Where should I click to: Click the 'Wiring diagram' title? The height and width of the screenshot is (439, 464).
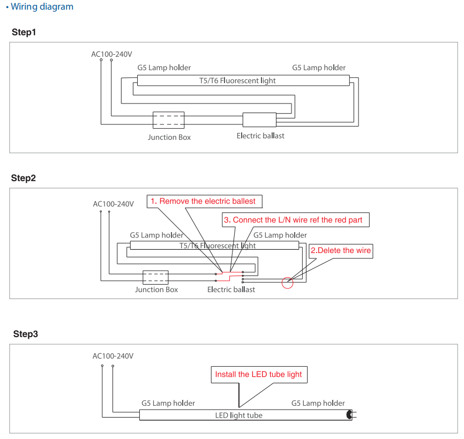pyautogui.click(x=42, y=7)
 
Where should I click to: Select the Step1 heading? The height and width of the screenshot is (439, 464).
pyautogui.click(x=24, y=33)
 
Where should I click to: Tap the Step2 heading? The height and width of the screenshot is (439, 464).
pyautogui.click(x=24, y=178)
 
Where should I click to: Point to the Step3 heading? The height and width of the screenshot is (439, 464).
pyautogui.click(x=26, y=334)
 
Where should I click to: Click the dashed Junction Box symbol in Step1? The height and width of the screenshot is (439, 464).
pyautogui.click(x=168, y=120)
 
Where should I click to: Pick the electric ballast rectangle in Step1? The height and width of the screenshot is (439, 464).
pyautogui.click(x=259, y=120)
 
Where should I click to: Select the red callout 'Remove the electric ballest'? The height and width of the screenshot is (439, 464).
pyautogui.click(x=206, y=201)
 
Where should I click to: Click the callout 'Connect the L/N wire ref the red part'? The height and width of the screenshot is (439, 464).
pyautogui.click(x=296, y=220)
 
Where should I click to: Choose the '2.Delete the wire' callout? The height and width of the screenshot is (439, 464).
pyautogui.click(x=341, y=250)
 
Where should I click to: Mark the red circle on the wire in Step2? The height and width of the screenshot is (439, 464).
pyautogui.click(x=288, y=282)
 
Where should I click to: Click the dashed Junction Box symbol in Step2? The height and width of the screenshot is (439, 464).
pyautogui.click(x=155, y=277)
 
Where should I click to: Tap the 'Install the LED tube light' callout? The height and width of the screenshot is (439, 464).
pyautogui.click(x=258, y=374)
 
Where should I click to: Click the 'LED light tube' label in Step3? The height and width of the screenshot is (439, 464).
pyautogui.click(x=239, y=415)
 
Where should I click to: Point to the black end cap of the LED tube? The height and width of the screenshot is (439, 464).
pyautogui.click(x=349, y=415)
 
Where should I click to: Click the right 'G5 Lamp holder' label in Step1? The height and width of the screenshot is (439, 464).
pyautogui.click(x=319, y=68)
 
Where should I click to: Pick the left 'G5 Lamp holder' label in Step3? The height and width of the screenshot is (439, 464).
pyautogui.click(x=168, y=403)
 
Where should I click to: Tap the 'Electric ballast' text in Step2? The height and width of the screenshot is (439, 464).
pyautogui.click(x=231, y=289)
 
